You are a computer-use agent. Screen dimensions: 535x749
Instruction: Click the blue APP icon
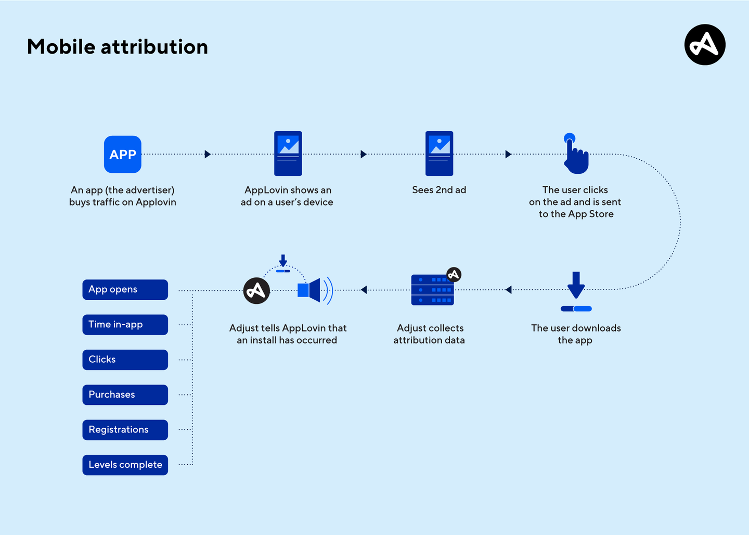coord(123,155)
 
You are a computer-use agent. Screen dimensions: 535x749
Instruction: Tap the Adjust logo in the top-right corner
coord(705,45)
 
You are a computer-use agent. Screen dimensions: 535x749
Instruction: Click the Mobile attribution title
coord(118,47)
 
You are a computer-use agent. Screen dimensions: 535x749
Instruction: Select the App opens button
coord(125,289)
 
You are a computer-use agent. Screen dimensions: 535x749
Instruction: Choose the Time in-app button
coord(125,325)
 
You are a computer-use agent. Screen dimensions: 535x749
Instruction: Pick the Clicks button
coord(125,360)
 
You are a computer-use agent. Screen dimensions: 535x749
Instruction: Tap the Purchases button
coord(125,394)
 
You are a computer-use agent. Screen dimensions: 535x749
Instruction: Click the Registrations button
coord(125,430)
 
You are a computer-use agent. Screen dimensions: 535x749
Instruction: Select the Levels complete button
coord(125,465)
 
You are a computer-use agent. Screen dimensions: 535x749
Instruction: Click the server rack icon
coord(432,290)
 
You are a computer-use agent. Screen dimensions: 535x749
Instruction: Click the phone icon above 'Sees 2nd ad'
coord(439,154)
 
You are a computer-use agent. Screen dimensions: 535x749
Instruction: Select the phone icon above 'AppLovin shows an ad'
coord(288,154)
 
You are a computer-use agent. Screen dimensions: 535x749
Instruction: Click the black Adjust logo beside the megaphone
coord(256,290)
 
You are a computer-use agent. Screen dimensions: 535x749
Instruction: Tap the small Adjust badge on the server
coord(454,274)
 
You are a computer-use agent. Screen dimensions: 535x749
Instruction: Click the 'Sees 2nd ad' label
coord(439,190)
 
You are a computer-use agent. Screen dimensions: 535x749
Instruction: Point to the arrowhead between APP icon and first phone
coord(208,154)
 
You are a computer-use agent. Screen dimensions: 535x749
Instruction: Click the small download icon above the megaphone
coord(283,263)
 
